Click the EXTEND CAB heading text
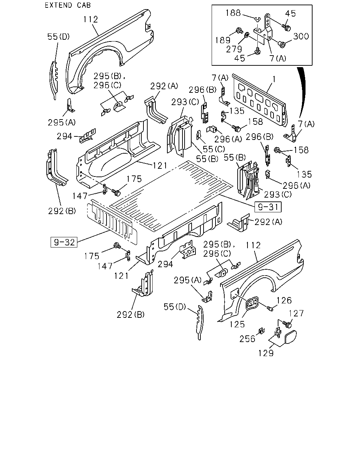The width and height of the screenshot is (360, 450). click(x=68, y=5)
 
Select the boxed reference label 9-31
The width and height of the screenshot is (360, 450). click(x=268, y=207)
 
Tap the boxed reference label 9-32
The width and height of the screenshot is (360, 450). click(x=64, y=242)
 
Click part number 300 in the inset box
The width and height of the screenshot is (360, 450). click(x=301, y=36)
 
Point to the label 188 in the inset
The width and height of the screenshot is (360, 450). click(x=233, y=13)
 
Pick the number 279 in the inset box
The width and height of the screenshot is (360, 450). click(x=234, y=49)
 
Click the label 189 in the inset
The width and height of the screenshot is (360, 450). click(x=223, y=40)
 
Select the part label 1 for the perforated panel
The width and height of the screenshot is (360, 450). click(x=274, y=79)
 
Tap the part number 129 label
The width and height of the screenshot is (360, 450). click(x=266, y=353)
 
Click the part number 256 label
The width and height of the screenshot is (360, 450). click(x=247, y=339)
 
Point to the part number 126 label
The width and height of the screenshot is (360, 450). click(x=284, y=301)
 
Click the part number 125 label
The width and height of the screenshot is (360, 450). click(x=237, y=324)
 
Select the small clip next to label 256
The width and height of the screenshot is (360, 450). click(x=262, y=331)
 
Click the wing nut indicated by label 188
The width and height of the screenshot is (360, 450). click(x=258, y=19)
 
